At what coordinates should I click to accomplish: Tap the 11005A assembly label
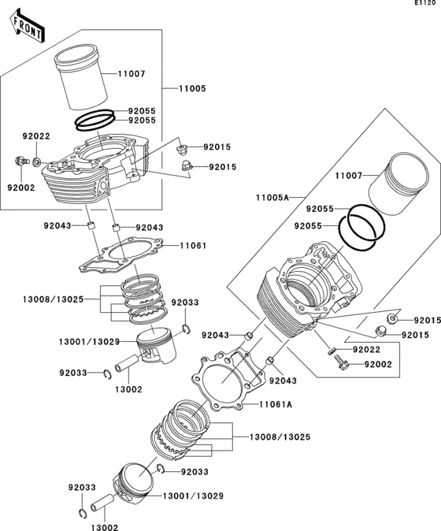pyautogui.click(x=272, y=197)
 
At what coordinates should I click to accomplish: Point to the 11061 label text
pyautogui.click(x=192, y=246)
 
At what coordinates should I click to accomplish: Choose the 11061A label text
pyautogui.click(x=276, y=405)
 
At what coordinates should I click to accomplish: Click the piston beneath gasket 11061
pyautogui.click(x=156, y=346)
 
